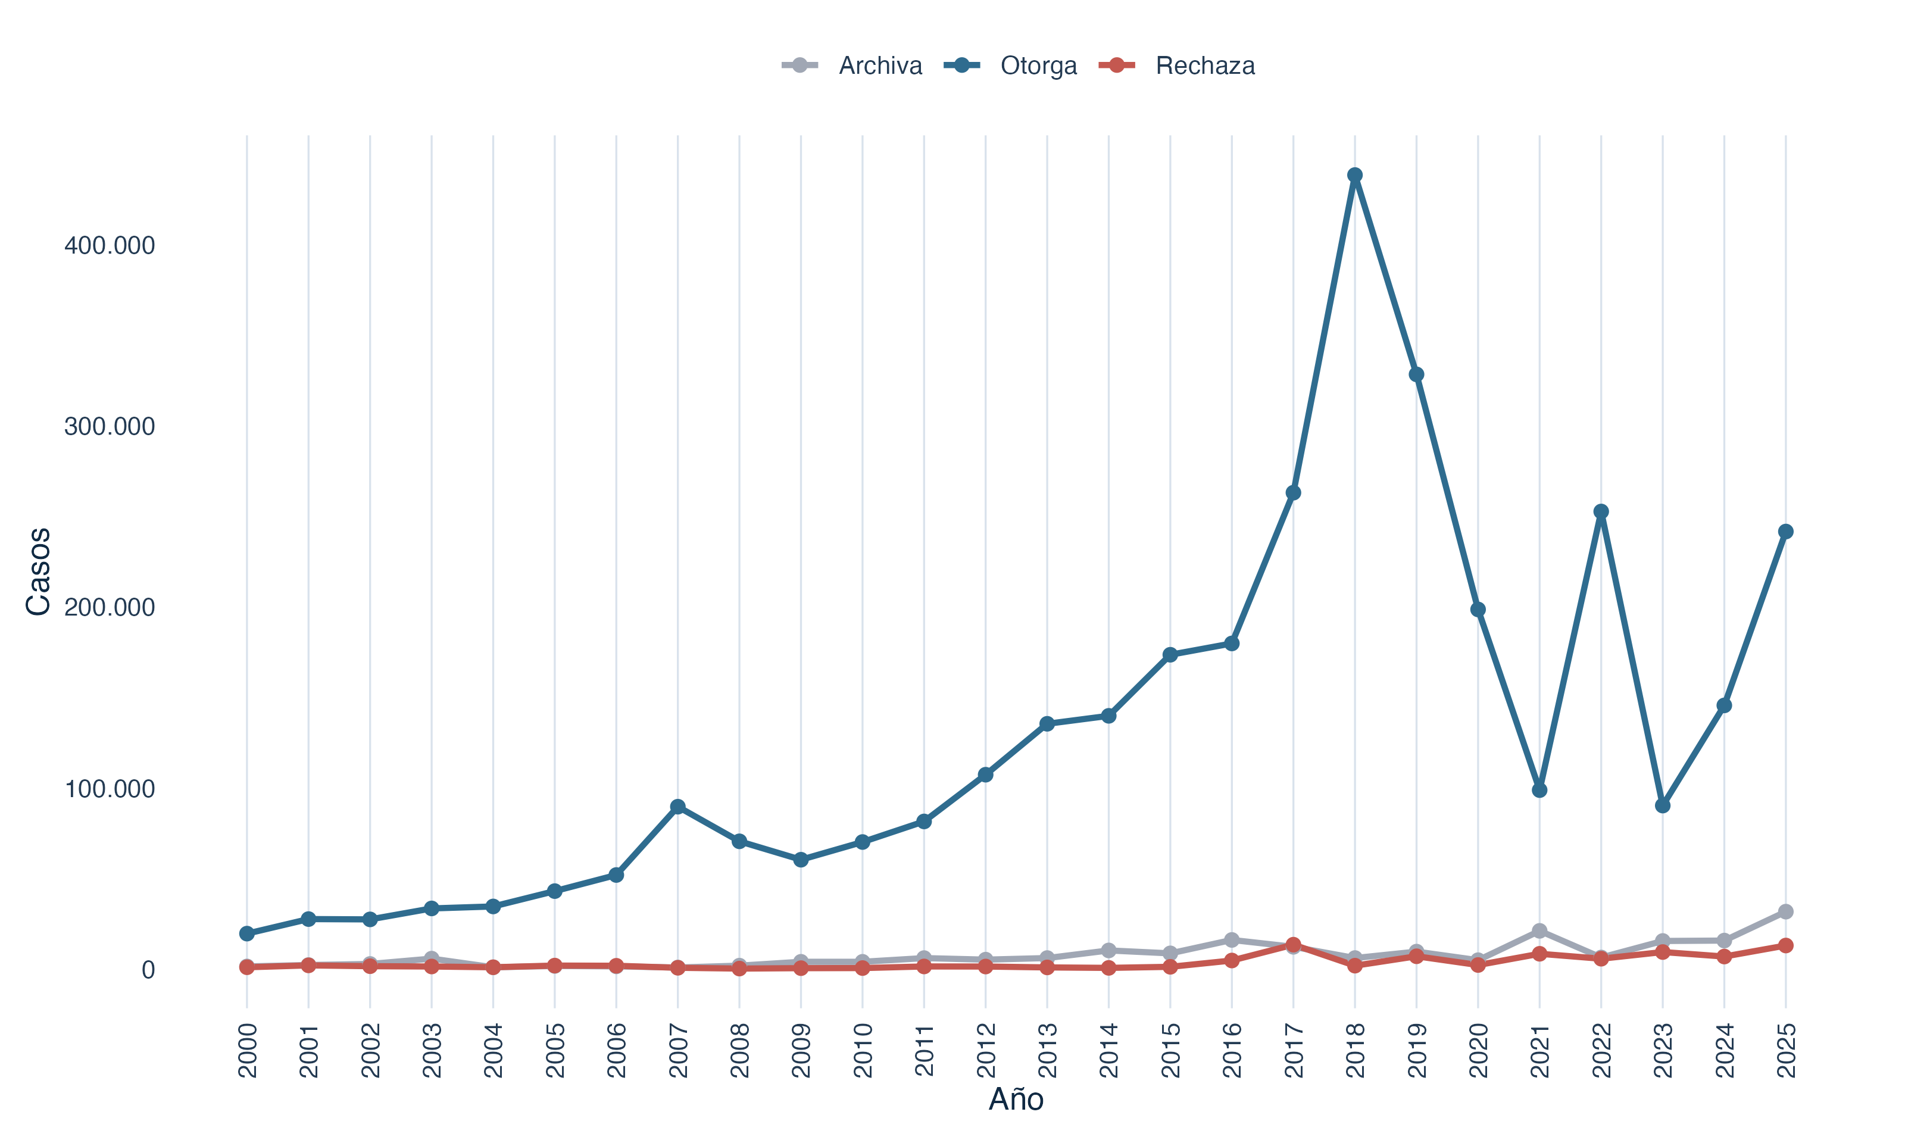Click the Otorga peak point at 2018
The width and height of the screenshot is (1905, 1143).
(1354, 176)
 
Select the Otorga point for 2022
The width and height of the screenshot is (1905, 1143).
(1601, 511)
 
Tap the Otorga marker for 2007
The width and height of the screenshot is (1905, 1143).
(677, 807)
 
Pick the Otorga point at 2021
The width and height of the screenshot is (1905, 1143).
(1539, 790)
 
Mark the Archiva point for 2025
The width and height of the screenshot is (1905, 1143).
(1786, 912)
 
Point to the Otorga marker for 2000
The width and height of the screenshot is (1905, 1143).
(247, 933)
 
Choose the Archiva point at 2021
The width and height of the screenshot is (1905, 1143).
(1539, 931)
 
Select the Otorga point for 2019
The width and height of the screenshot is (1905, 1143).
(1416, 375)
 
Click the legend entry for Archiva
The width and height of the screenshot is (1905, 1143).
(852, 65)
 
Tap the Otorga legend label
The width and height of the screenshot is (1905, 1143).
(1039, 66)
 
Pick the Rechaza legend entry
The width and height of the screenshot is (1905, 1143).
(1176, 65)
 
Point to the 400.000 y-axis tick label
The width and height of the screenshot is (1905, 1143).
(110, 246)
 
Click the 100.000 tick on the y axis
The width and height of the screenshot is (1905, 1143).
(110, 789)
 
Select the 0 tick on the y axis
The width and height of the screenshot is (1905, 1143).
(148, 970)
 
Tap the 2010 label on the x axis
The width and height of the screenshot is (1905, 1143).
(863, 1050)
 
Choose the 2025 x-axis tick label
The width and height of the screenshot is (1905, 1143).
(1787, 1050)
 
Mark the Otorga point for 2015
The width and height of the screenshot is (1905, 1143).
(1170, 655)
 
